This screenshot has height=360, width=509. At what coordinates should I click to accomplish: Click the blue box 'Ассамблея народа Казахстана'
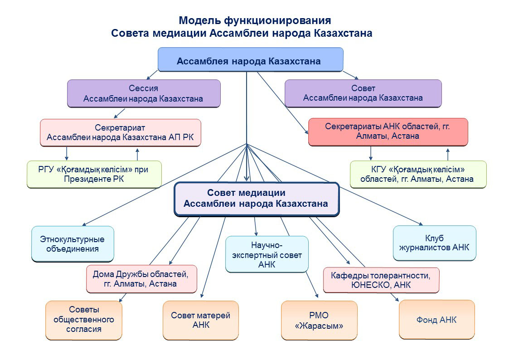pyautogui.click(x=250, y=60)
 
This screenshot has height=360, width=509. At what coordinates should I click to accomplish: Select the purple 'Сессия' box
pyautogui.click(x=144, y=93)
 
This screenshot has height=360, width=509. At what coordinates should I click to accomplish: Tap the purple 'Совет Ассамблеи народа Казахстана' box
pyautogui.click(x=363, y=93)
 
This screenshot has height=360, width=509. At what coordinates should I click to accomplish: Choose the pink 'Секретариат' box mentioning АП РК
pyautogui.click(x=121, y=132)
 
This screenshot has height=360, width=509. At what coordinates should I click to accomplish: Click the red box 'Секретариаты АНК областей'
pyautogui.click(x=388, y=132)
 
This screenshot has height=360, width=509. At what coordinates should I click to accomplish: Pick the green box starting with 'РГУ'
pyautogui.click(x=94, y=174)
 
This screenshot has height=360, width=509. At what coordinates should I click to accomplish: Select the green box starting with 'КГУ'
pyautogui.click(x=418, y=174)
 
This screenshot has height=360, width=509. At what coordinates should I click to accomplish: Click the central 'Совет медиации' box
pyautogui.click(x=257, y=199)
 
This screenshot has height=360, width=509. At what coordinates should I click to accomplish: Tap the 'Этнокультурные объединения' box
pyautogui.click(x=73, y=244)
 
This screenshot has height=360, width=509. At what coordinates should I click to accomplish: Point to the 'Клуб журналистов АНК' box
pyautogui.click(x=434, y=243)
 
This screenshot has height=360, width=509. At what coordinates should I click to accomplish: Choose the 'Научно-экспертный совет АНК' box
pyautogui.click(x=267, y=254)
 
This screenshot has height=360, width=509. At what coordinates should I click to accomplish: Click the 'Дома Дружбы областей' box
pyautogui.click(x=141, y=279)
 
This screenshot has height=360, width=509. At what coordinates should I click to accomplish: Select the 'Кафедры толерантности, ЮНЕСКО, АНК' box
pyautogui.click(x=381, y=280)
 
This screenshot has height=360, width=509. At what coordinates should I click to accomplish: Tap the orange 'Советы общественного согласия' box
pyautogui.click(x=84, y=320)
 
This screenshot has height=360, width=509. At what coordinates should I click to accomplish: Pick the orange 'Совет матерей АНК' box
pyautogui.click(x=201, y=320)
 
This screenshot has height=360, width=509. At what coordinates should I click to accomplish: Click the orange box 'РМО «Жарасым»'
pyautogui.click(x=319, y=320)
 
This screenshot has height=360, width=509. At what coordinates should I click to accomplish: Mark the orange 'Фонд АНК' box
pyautogui.click(x=436, y=320)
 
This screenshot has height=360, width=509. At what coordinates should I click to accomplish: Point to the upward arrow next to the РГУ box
pyautogui.click(x=137, y=154)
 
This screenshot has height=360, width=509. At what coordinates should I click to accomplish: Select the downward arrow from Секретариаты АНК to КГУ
pyautogui.click(x=371, y=153)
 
